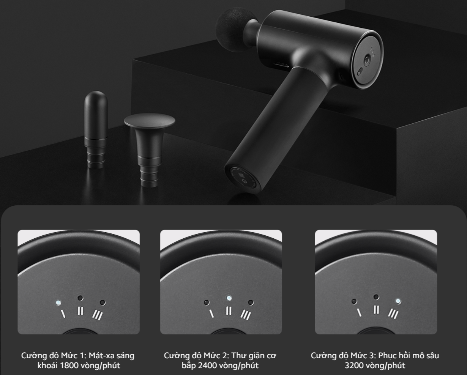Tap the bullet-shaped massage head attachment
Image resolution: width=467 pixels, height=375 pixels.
[x=96, y=129]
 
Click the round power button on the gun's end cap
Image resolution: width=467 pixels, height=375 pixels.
[x=367, y=59]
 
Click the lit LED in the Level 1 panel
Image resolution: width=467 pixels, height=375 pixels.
[x=58, y=303]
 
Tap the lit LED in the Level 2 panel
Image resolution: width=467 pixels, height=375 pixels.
[x=229, y=298]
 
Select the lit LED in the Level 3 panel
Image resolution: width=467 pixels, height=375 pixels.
[x=398, y=301]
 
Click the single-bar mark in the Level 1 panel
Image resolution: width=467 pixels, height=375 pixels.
[x=63, y=314]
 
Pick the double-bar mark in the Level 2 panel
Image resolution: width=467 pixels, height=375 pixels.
[x=229, y=310]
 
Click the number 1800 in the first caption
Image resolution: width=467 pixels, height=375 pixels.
[x=69, y=366]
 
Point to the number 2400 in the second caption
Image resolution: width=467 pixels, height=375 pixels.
[x=207, y=366]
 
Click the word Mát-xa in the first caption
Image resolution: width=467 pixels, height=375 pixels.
[x=101, y=356]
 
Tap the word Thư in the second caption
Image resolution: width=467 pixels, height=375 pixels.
[x=239, y=356]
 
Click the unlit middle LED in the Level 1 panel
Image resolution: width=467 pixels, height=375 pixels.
[x=80, y=298]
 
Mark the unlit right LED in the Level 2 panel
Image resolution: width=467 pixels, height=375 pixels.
[x=251, y=303]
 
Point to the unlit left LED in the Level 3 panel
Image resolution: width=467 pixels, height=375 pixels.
[x=354, y=301]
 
